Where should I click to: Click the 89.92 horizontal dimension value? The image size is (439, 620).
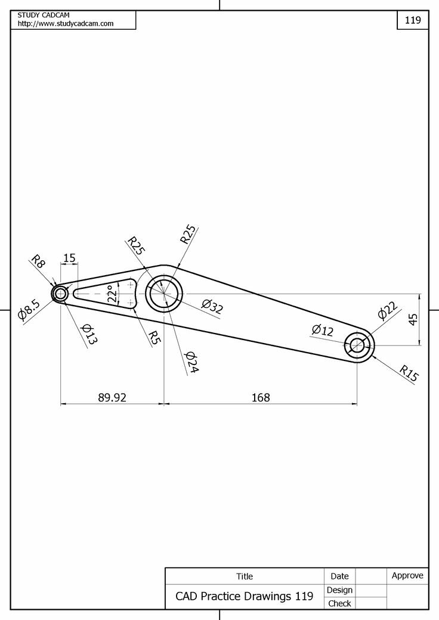(x=112, y=397)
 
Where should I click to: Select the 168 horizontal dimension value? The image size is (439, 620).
(x=261, y=397)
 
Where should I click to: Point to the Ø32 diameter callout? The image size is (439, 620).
(x=212, y=307)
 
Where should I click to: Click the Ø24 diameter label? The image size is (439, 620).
(x=191, y=362)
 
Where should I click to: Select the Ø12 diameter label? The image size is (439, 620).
(x=323, y=330)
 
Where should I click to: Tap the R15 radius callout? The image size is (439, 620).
(x=409, y=373)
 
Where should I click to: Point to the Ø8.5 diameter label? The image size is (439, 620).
(x=29, y=310)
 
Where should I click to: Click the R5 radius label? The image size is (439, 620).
(x=154, y=338)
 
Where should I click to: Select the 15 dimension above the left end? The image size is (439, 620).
(x=69, y=258)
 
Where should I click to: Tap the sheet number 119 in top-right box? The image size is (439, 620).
(x=413, y=20)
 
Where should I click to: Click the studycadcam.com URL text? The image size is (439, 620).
(x=66, y=24)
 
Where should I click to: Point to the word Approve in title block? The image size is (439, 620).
(x=407, y=575)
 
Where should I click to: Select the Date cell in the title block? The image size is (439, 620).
(x=339, y=576)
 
